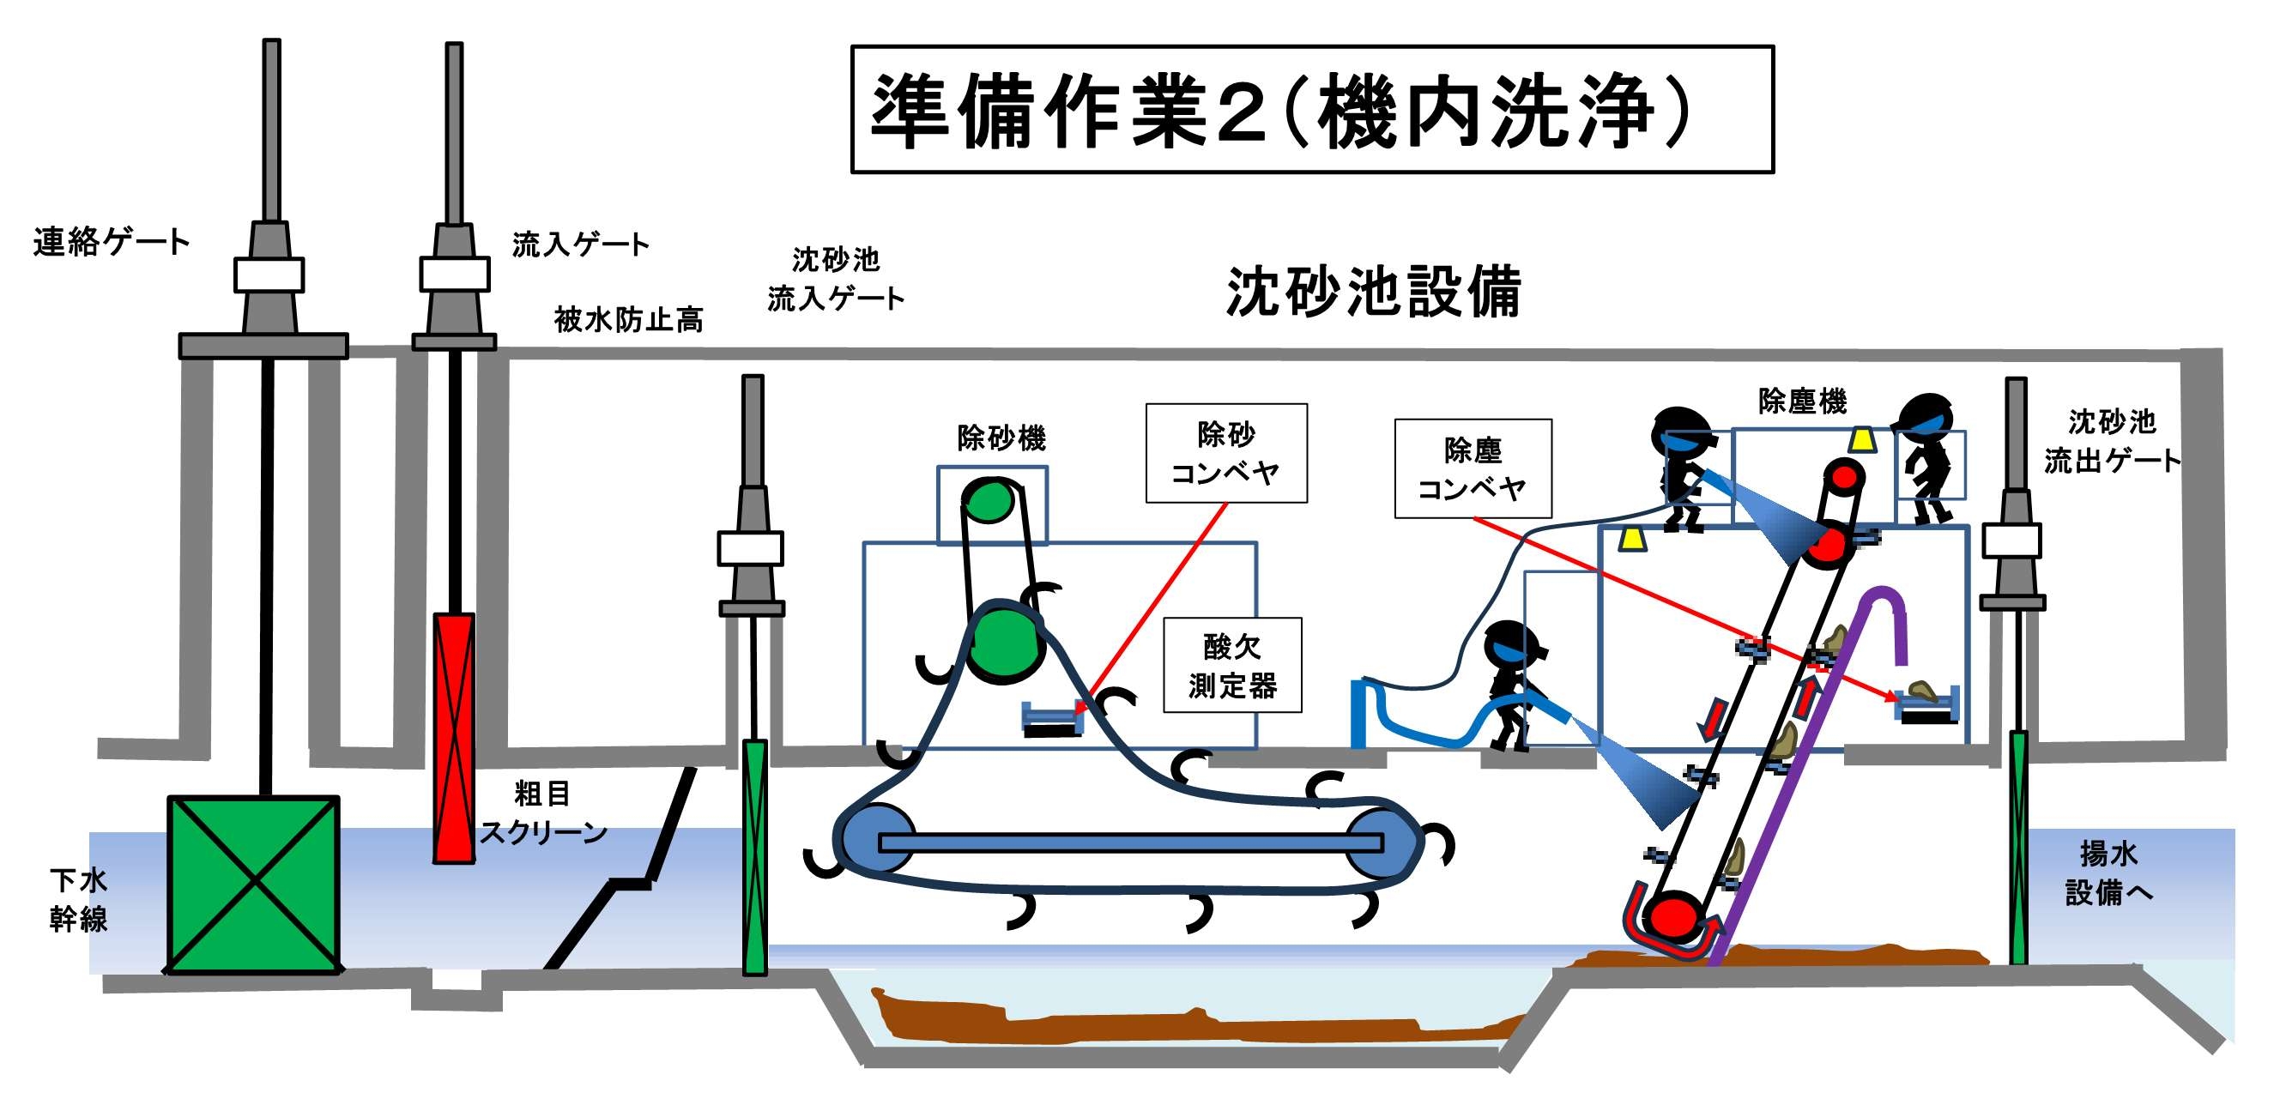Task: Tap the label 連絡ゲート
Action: [x=111, y=241]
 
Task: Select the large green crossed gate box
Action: [x=254, y=884]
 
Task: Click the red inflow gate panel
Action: [x=453, y=737]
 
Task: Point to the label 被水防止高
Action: [x=628, y=319]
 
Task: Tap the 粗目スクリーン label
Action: [x=542, y=813]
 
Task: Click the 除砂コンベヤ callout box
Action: [x=1225, y=454]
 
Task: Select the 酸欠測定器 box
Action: [x=1231, y=666]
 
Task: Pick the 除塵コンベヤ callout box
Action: [x=1473, y=468]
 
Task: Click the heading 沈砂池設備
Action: [x=1373, y=291]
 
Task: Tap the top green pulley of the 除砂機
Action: [x=989, y=503]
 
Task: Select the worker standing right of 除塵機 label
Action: [x=1926, y=457]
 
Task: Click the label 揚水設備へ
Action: [x=2108, y=873]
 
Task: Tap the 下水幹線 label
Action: [x=79, y=899]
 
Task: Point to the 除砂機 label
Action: [x=1001, y=438]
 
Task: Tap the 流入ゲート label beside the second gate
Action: [x=580, y=244]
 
